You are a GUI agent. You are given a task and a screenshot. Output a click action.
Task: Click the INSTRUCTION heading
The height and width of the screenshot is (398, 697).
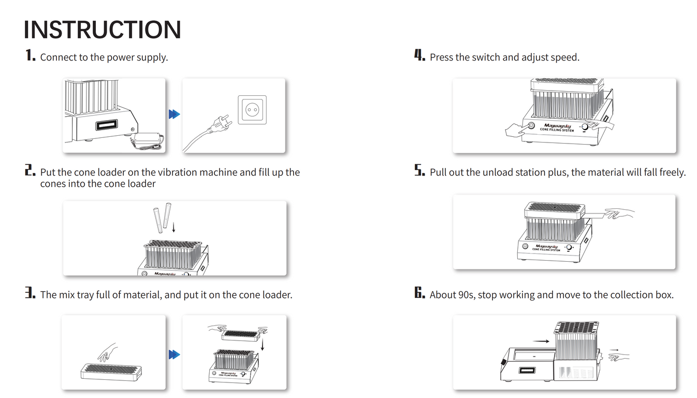tap(102, 30)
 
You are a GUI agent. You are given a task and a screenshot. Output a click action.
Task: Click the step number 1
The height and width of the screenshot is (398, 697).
tap(30, 56)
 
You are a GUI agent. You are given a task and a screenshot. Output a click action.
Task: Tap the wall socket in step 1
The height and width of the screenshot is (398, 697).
tap(252, 109)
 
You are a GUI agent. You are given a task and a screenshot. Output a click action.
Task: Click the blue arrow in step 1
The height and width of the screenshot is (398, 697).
tap(175, 114)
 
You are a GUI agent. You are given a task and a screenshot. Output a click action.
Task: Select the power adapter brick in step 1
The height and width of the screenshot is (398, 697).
tap(147, 139)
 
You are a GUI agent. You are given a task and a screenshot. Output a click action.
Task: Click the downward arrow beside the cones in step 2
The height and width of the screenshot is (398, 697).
tap(173, 227)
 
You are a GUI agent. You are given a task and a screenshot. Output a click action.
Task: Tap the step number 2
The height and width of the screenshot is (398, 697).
tap(30, 171)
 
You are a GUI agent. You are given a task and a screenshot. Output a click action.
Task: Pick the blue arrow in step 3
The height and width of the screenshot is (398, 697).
tap(175, 354)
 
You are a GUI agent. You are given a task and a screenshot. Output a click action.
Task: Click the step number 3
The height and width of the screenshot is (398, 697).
tap(30, 293)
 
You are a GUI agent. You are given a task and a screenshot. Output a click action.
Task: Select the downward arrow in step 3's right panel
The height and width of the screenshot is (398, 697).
tap(263, 345)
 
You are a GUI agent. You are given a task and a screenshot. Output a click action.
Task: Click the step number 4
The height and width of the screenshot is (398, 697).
tap(419, 56)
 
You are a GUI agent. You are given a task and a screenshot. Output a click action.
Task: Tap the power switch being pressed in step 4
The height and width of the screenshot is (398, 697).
tap(530, 126)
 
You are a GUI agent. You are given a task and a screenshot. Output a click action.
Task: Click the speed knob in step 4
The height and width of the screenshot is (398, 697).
tap(585, 126)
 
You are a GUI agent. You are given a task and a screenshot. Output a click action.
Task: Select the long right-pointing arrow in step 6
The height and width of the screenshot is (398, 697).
tap(541, 342)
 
